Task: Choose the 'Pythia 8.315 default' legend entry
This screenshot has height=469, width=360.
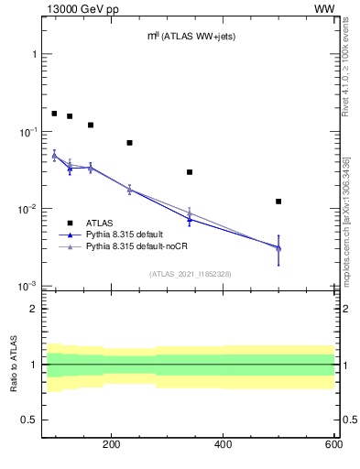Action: click(x=127, y=234)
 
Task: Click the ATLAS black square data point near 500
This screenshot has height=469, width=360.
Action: click(x=278, y=202)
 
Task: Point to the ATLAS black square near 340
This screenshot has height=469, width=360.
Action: click(x=190, y=172)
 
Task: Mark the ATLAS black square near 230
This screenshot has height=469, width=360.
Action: click(x=129, y=143)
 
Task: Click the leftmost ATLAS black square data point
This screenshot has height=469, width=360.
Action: click(x=54, y=114)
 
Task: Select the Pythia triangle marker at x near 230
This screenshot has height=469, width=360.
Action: click(x=129, y=190)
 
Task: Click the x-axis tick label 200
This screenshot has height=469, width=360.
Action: click(x=112, y=444)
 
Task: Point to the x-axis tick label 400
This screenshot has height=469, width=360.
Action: click(x=223, y=444)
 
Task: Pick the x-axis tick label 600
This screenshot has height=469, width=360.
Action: click(x=333, y=444)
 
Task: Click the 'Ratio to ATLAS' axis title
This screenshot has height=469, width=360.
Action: click(x=14, y=365)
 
